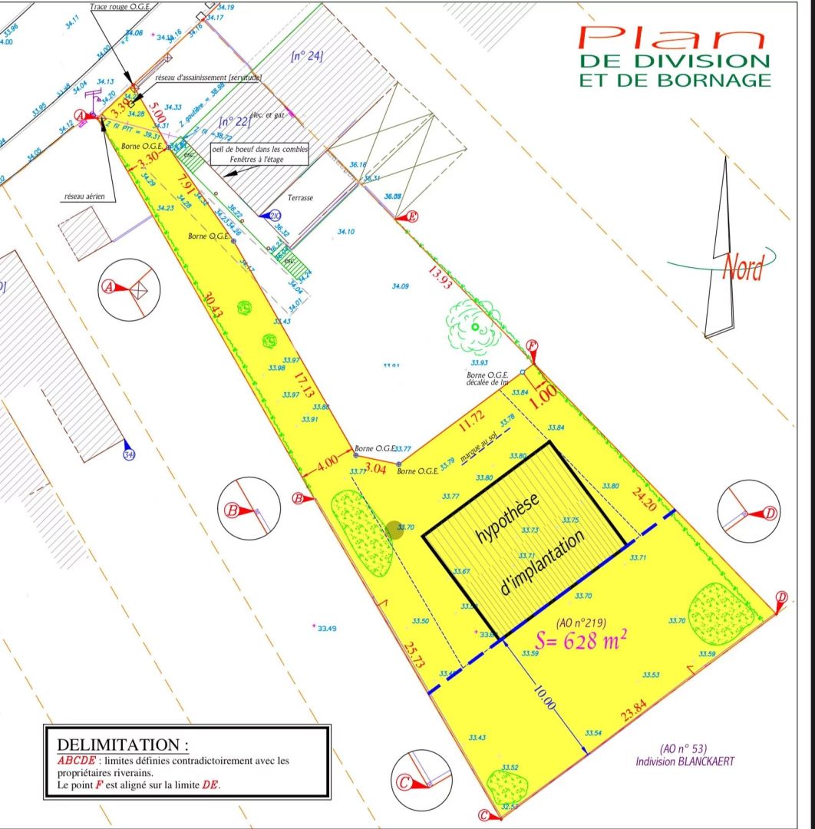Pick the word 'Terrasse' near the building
301,197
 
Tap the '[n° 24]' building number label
307,55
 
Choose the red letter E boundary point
412,216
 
